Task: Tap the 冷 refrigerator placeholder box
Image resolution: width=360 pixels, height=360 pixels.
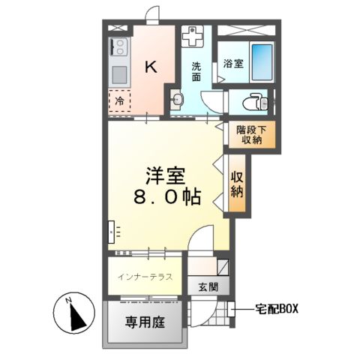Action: click(x=118, y=100)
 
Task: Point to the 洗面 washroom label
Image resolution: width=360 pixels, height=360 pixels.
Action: click(x=196, y=70)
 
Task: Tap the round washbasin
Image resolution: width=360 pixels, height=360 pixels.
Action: click(x=178, y=100)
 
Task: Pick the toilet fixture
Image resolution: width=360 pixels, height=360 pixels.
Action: click(x=251, y=100)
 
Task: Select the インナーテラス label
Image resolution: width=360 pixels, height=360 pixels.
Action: click(x=145, y=277)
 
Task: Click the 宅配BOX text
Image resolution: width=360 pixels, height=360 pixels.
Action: click(x=277, y=307)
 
